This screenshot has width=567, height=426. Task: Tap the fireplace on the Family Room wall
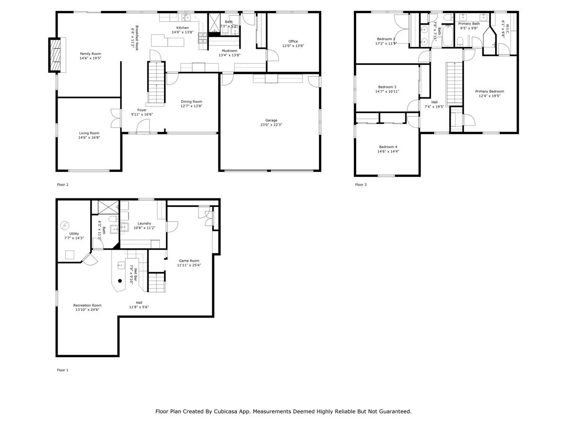pos(55,54)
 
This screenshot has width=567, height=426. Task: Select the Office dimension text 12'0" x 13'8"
pos(293,46)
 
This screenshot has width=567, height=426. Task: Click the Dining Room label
pos(191,101)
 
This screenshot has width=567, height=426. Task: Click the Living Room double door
pos(114,118)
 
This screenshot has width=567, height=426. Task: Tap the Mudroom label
pos(230,50)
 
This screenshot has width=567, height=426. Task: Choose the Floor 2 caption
pos(62,185)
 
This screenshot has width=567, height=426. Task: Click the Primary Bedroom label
pos(490,91)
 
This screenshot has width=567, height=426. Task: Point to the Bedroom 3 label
pos(387,87)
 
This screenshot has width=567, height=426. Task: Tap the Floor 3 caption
pos(361,185)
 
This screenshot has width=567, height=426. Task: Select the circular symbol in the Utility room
pos(65,224)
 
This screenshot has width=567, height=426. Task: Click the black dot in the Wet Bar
pos(120,280)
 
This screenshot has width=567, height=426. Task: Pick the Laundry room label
pos(144,223)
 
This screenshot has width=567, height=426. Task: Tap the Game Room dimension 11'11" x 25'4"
pos(189,266)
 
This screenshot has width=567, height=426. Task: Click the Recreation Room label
pos(87,305)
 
